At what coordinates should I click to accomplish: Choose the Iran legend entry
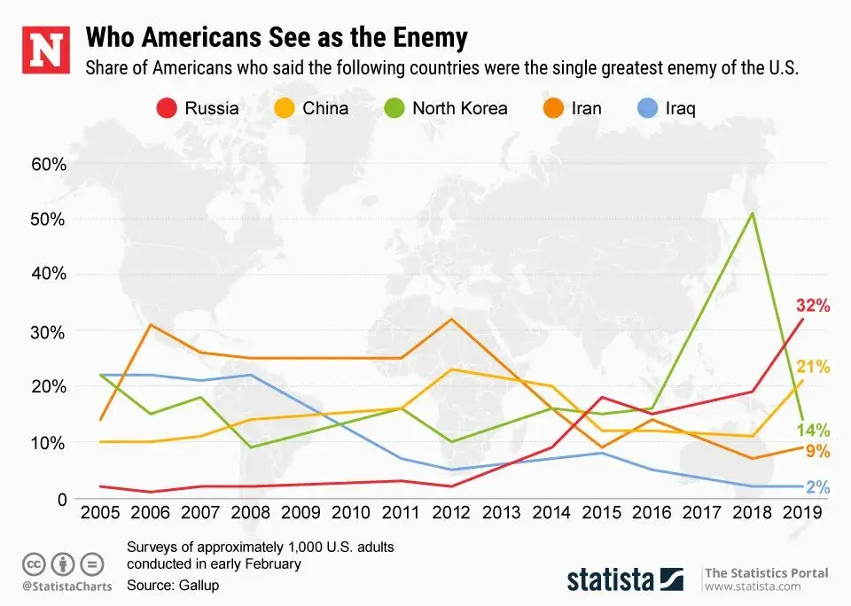pos(571,109)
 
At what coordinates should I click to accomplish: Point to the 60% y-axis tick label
pos(48,164)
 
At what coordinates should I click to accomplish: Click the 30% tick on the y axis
pos(48,330)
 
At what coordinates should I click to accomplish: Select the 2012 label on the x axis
pos(453,512)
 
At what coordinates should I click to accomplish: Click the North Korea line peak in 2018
pos(753,213)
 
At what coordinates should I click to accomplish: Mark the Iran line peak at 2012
pos(452,319)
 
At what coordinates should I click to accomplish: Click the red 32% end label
pos(812,307)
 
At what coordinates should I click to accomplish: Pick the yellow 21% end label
pos(813,366)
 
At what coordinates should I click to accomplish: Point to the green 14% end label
pos(813,431)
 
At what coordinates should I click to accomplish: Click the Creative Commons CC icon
pos(34,563)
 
